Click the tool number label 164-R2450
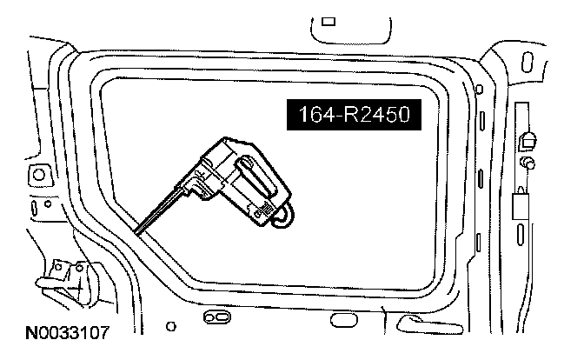point(354,114)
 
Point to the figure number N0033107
point(68,332)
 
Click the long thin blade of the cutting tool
point(160,210)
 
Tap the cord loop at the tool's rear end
point(284,217)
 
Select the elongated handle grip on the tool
point(257,175)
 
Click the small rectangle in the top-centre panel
point(328,21)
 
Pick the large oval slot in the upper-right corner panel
point(527,63)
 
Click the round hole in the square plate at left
point(39,175)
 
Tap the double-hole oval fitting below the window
point(216,317)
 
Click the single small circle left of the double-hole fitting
point(171,326)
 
